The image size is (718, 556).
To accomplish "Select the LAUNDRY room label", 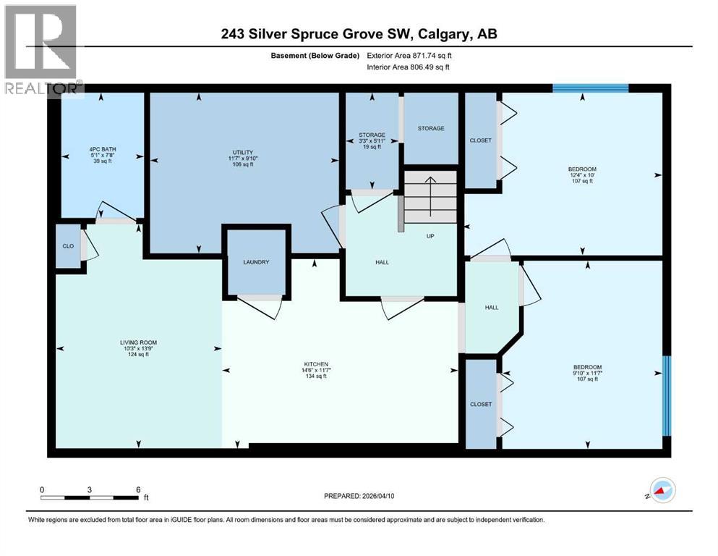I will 255,262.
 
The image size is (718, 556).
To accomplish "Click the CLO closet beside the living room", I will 69,247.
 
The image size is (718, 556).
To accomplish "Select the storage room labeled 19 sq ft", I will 372,140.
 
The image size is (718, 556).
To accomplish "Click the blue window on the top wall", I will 590,88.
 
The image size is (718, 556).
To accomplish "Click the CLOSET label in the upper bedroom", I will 480,140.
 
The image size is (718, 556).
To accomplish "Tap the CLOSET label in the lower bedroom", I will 481,404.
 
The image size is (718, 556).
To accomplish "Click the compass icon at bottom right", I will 662,492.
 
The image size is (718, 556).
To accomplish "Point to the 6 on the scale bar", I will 137,489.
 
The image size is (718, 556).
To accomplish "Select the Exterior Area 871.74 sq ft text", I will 412,55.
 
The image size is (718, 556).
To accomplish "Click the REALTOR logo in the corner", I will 41,51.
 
